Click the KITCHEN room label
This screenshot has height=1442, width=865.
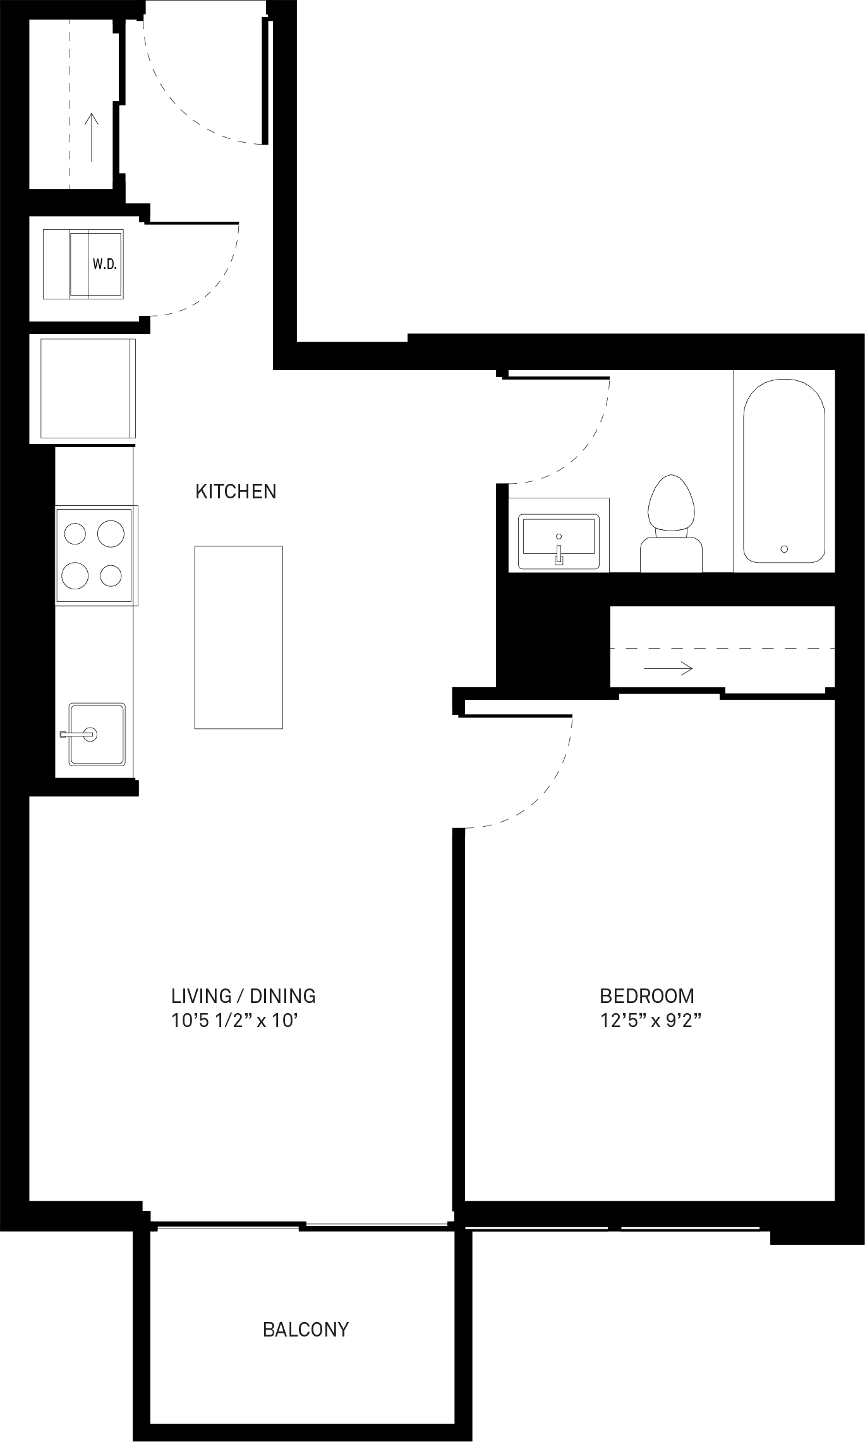click(x=236, y=491)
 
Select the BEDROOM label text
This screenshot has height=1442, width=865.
click(x=647, y=996)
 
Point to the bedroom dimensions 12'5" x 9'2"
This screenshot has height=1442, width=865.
click(x=651, y=1021)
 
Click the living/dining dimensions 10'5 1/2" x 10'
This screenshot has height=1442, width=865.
click(x=234, y=1021)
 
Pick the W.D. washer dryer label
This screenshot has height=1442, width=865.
click(x=104, y=265)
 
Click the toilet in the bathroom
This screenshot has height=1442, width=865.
click(x=671, y=524)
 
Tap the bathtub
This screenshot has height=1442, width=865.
click(x=784, y=471)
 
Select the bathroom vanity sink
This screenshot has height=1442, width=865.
click(x=559, y=541)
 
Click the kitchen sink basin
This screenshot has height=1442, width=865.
click(x=97, y=734)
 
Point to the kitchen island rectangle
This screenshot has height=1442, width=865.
click(x=238, y=637)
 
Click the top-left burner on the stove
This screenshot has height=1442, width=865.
click(x=75, y=534)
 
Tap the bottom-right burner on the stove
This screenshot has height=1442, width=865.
click(x=111, y=575)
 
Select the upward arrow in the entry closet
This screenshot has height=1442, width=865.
click(x=92, y=137)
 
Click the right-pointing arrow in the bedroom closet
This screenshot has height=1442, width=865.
click(x=668, y=668)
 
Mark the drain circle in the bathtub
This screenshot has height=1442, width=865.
click(x=784, y=549)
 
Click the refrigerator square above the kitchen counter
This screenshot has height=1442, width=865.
click(x=88, y=388)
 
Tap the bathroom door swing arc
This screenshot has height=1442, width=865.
click(x=576, y=450)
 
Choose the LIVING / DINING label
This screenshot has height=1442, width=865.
click(x=243, y=996)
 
